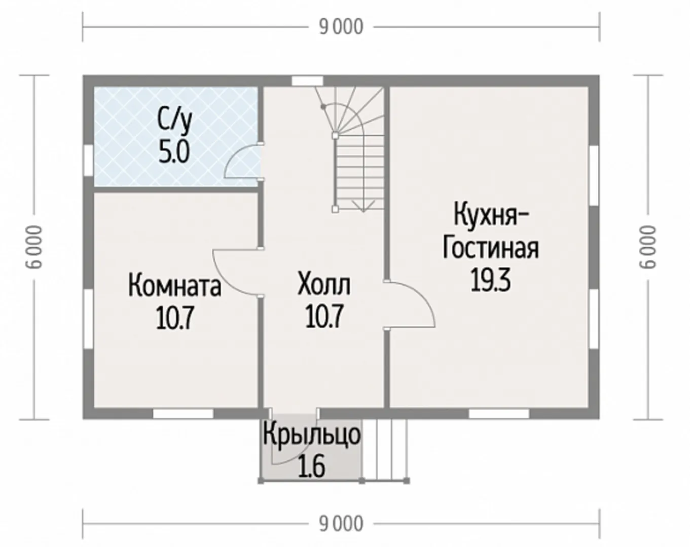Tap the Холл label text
[x=324, y=283]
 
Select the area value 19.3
[x=491, y=280]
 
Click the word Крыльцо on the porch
[x=312, y=435]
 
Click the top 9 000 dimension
[x=341, y=27]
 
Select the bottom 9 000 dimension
[x=341, y=524]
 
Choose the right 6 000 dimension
[x=648, y=247]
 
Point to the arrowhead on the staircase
[x=364, y=206]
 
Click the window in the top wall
[x=307, y=81]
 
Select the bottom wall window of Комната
[x=183, y=414]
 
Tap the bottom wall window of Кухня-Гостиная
[x=498, y=414]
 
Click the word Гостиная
[x=491, y=248]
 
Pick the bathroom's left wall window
[x=89, y=161]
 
